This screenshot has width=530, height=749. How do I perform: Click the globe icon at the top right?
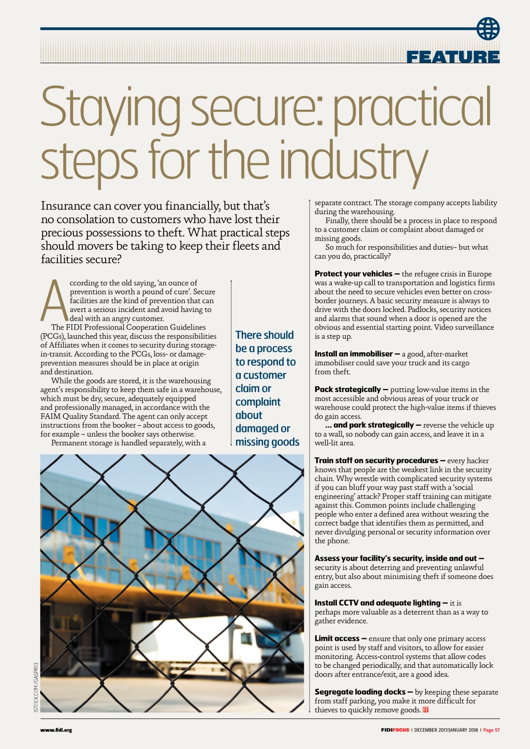(488, 28)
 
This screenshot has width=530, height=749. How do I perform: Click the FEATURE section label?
(453, 57)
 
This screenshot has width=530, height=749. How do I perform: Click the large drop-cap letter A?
(54, 301)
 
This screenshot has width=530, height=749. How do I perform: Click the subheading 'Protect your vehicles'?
(354, 274)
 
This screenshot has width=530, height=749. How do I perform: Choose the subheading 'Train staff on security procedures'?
(376, 460)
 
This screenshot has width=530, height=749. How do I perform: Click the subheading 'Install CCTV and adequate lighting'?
(377, 603)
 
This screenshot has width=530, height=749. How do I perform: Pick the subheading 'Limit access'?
(336, 638)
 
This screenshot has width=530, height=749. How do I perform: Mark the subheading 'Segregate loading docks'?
(360, 692)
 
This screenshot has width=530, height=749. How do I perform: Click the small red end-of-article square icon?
(425, 710)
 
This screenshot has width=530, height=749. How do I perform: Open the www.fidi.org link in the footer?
(56, 730)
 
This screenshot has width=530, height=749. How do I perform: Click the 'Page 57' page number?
(491, 730)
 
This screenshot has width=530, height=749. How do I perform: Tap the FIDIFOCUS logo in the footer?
(395, 730)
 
